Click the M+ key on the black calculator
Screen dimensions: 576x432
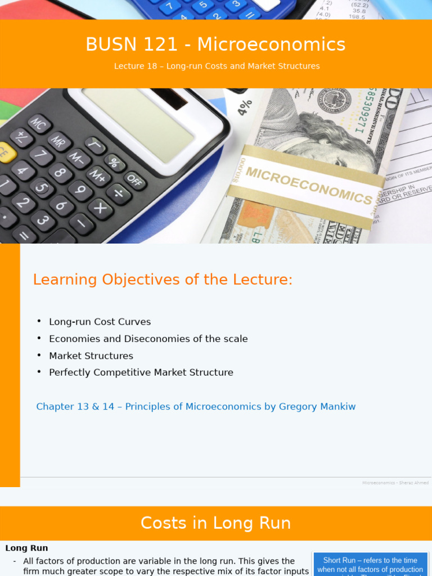point(98,175)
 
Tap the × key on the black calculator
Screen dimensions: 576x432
point(101,208)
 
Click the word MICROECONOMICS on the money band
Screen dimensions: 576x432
point(308,186)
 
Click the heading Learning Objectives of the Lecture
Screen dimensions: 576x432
point(163,280)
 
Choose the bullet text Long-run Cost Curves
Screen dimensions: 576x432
point(100,322)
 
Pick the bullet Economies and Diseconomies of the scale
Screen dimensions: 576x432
point(148,339)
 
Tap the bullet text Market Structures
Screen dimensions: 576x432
point(91,355)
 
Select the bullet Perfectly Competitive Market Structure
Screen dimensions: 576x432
point(141,372)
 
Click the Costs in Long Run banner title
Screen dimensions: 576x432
point(215,523)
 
